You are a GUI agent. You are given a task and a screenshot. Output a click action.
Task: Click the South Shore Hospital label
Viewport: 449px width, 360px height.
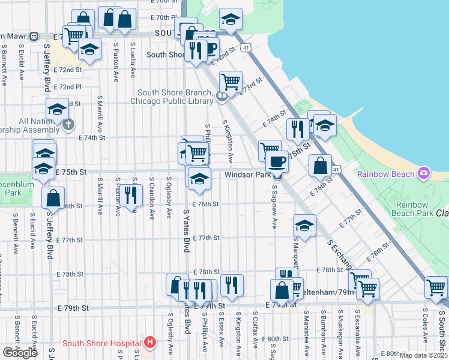click(x=101, y=343)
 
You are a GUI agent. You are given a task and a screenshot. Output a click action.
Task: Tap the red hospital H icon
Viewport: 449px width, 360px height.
click(x=150, y=343)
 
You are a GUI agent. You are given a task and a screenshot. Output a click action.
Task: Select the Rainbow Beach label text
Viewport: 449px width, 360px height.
click(x=386, y=174)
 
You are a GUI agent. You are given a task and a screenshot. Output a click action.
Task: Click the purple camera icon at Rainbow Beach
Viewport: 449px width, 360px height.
click(x=424, y=173)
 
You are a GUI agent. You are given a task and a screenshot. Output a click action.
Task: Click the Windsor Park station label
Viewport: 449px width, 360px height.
click(x=247, y=175)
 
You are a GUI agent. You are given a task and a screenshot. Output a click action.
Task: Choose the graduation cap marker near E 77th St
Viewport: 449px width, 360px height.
click(x=304, y=226)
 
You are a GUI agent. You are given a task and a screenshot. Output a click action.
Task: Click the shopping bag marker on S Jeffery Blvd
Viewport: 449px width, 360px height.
click(x=53, y=197)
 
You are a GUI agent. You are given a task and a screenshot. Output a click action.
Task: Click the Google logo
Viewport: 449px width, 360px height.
click(x=20, y=353)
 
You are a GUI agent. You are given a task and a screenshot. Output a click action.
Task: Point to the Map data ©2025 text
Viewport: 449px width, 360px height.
click(x=423, y=355)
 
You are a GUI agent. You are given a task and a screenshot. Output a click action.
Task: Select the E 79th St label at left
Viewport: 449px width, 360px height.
click(x=73, y=308)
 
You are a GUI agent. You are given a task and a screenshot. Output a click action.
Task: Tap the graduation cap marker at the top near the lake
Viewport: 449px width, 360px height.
click(x=231, y=19)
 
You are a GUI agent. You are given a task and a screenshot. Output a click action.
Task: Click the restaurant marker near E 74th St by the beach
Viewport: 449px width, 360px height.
click(x=297, y=128)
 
